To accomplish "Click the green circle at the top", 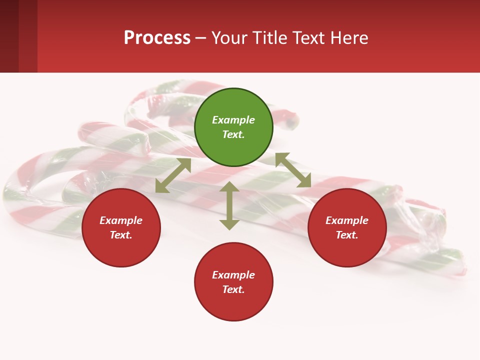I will pyautogui.click(x=233, y=127).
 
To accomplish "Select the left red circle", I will pyautogui.click(x=121, y=227).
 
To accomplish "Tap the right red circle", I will pyautogui.click(x=347, y=227).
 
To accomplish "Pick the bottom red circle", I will pyautogui.click(x=233, y=282).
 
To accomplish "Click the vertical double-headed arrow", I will pyautogui.click(x=229, y=205).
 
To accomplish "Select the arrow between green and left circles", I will pyautogui.click(x=173, y=175).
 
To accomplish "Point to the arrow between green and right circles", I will pyautogui.click(x=293, y=170).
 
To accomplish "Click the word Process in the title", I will pyautogui.click(x=157, y=38).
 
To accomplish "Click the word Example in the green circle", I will pyautogui.click(x=233, y=120).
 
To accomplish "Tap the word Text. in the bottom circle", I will pyautogui.click(x=233, y=289).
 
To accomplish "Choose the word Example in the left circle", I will pyautogui.click(x=121, y=220).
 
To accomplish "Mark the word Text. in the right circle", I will pyautogui.click(x=347, y=235).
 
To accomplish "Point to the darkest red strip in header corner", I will pyautogui.click(x=9, y=36).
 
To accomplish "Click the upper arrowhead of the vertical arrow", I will pyautogui.click(x=229, y=187).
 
